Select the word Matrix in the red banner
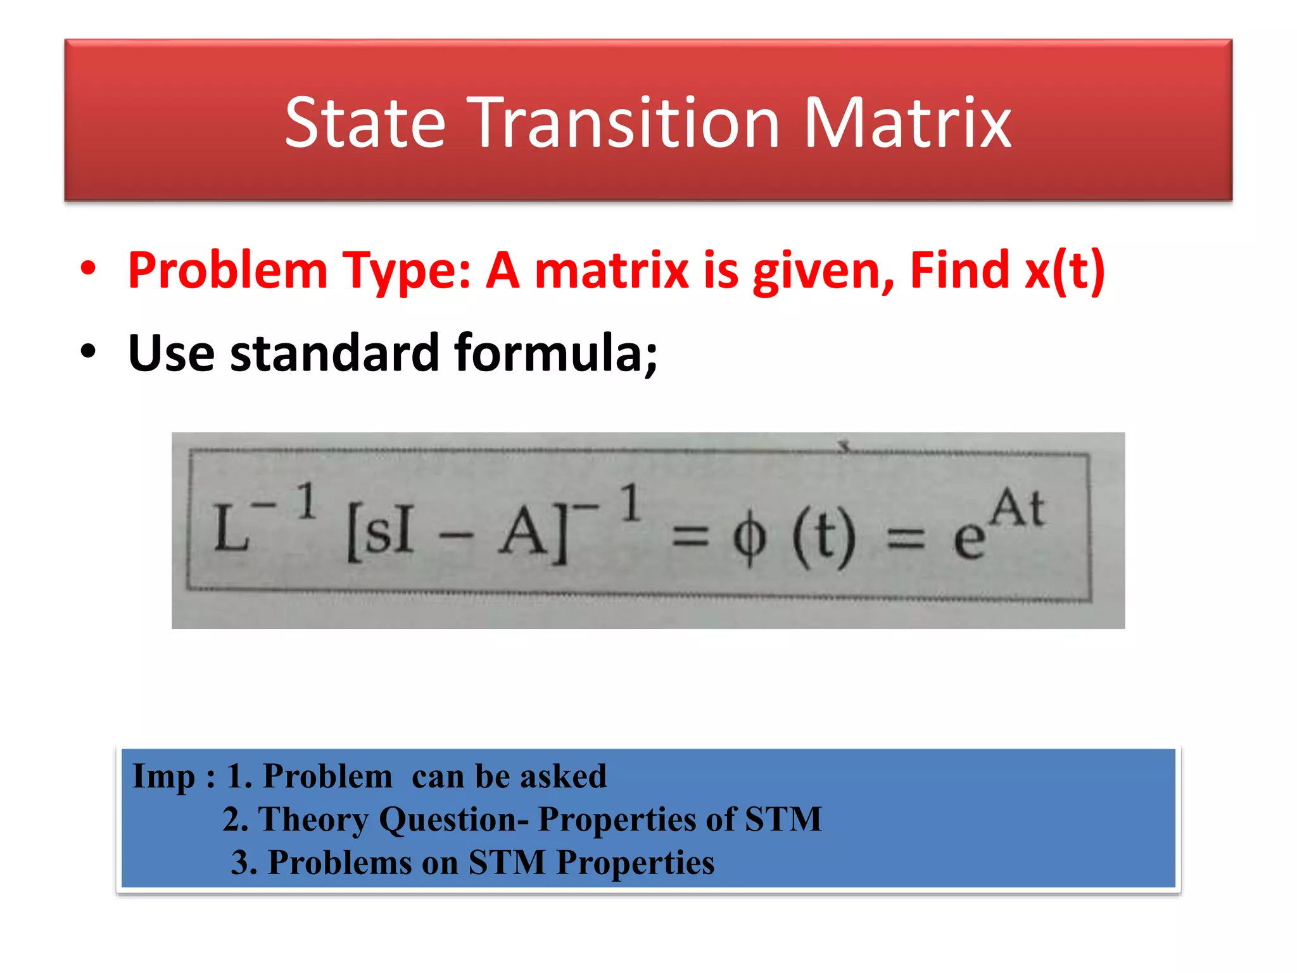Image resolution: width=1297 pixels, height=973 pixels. point(907,123)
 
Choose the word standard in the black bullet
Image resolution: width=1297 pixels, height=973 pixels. point(334,352)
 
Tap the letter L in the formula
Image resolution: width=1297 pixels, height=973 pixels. point(231,529)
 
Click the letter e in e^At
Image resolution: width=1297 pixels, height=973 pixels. point(969,538)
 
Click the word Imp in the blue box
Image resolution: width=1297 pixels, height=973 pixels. point(163,777)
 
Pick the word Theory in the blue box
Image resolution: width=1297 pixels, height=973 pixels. point(313,820)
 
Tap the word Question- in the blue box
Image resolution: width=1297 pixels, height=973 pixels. point(453,820)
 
